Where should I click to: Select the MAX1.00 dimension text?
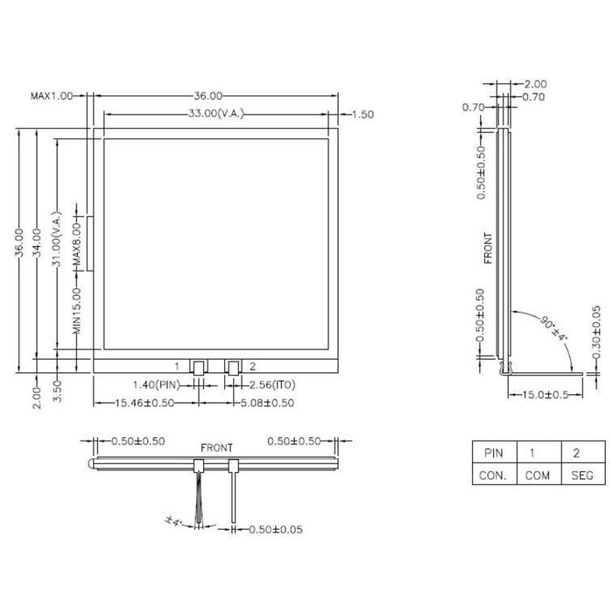52,95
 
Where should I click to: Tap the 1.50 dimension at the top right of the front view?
363,114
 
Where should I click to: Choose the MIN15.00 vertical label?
76,311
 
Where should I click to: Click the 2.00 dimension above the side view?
534,84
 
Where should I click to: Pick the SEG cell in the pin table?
581,476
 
